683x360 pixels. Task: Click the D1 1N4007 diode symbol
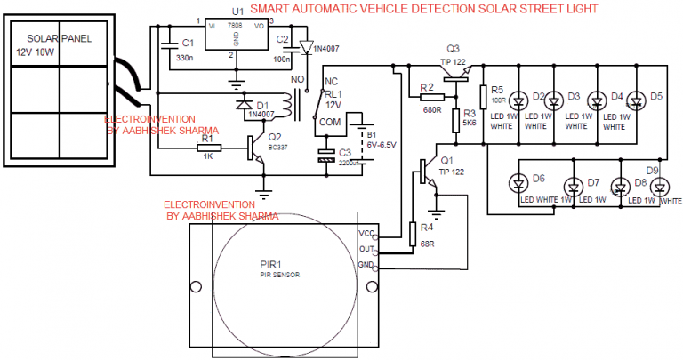(x=243, y=103)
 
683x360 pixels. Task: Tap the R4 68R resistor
(x=412, y=233)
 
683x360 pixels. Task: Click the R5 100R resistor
(x=484, y=96)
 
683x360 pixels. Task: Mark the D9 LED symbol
(x=659, y=186)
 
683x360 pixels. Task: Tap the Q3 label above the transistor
(x=453, y=47)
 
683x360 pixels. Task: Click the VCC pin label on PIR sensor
(x=366, y=233)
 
